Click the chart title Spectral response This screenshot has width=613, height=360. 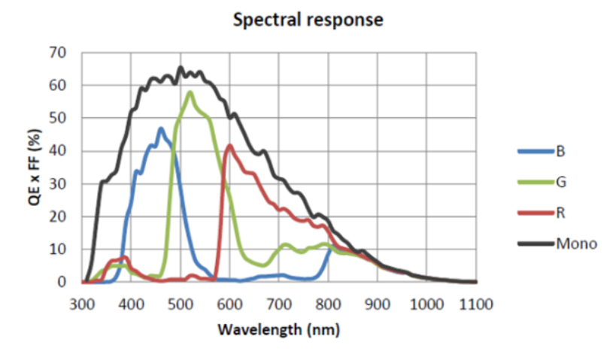[x=308, y=20]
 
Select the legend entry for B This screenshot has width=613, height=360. [x=560, y=151]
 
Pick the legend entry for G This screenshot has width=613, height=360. [x=560, y=182]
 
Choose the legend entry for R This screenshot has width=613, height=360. [x=560, y=213]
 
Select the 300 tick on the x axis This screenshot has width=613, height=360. [x=83, y=304]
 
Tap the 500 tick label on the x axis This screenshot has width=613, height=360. [x=181, y=304]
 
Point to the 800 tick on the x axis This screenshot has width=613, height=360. [x=329, y=304]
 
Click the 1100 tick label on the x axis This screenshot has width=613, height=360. [x=475, y=304]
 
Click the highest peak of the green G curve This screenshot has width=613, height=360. [x=190, y=92]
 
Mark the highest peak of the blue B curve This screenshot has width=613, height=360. [x=160, y=129]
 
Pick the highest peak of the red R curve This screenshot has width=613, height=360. [x=229, y=145]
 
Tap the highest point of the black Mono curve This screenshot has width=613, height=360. [x=181, y=68]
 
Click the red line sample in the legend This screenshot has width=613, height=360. [x=535, y=213]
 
